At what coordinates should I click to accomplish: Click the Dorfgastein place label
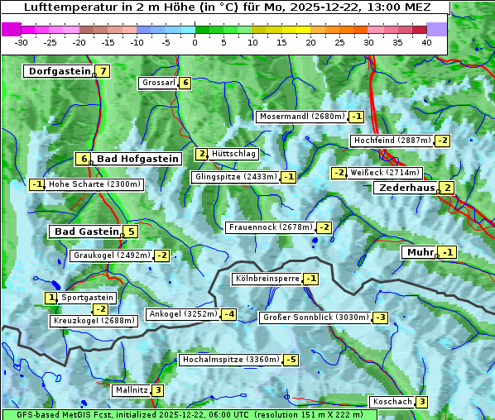click(x=59, y=71)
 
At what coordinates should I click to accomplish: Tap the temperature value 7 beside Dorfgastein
click(x=103, y=71)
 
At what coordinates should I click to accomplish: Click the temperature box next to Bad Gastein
click(x=131, y=231)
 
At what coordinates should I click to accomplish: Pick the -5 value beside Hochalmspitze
click(x=291, y=360)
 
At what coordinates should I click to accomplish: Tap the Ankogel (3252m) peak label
click(x=182, y=314)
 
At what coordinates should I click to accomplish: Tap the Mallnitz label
click(x=132, y=390)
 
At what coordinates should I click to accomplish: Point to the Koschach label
click(x=392, y=402)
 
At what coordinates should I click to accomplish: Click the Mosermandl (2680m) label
click(x=301, y=117)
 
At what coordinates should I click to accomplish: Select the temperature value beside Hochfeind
click(x=443, y=141)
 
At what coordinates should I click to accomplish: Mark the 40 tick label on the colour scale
click(x=426, y=42)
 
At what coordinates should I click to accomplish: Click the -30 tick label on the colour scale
click(x=22, y=42)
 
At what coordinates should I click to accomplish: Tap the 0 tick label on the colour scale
click(x=195, y=42)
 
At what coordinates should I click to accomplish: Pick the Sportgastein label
click(x=87, y=298)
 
